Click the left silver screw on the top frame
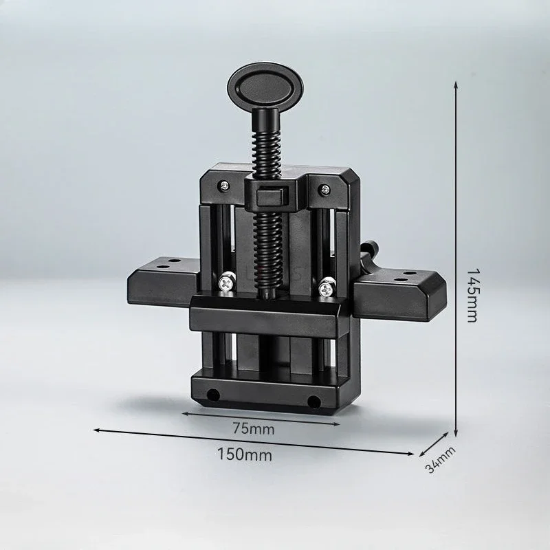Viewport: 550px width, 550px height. (x=224, y=184)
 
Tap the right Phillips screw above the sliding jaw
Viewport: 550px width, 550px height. (x=327, y=283)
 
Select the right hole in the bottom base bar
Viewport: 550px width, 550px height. (x=314, y=401)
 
